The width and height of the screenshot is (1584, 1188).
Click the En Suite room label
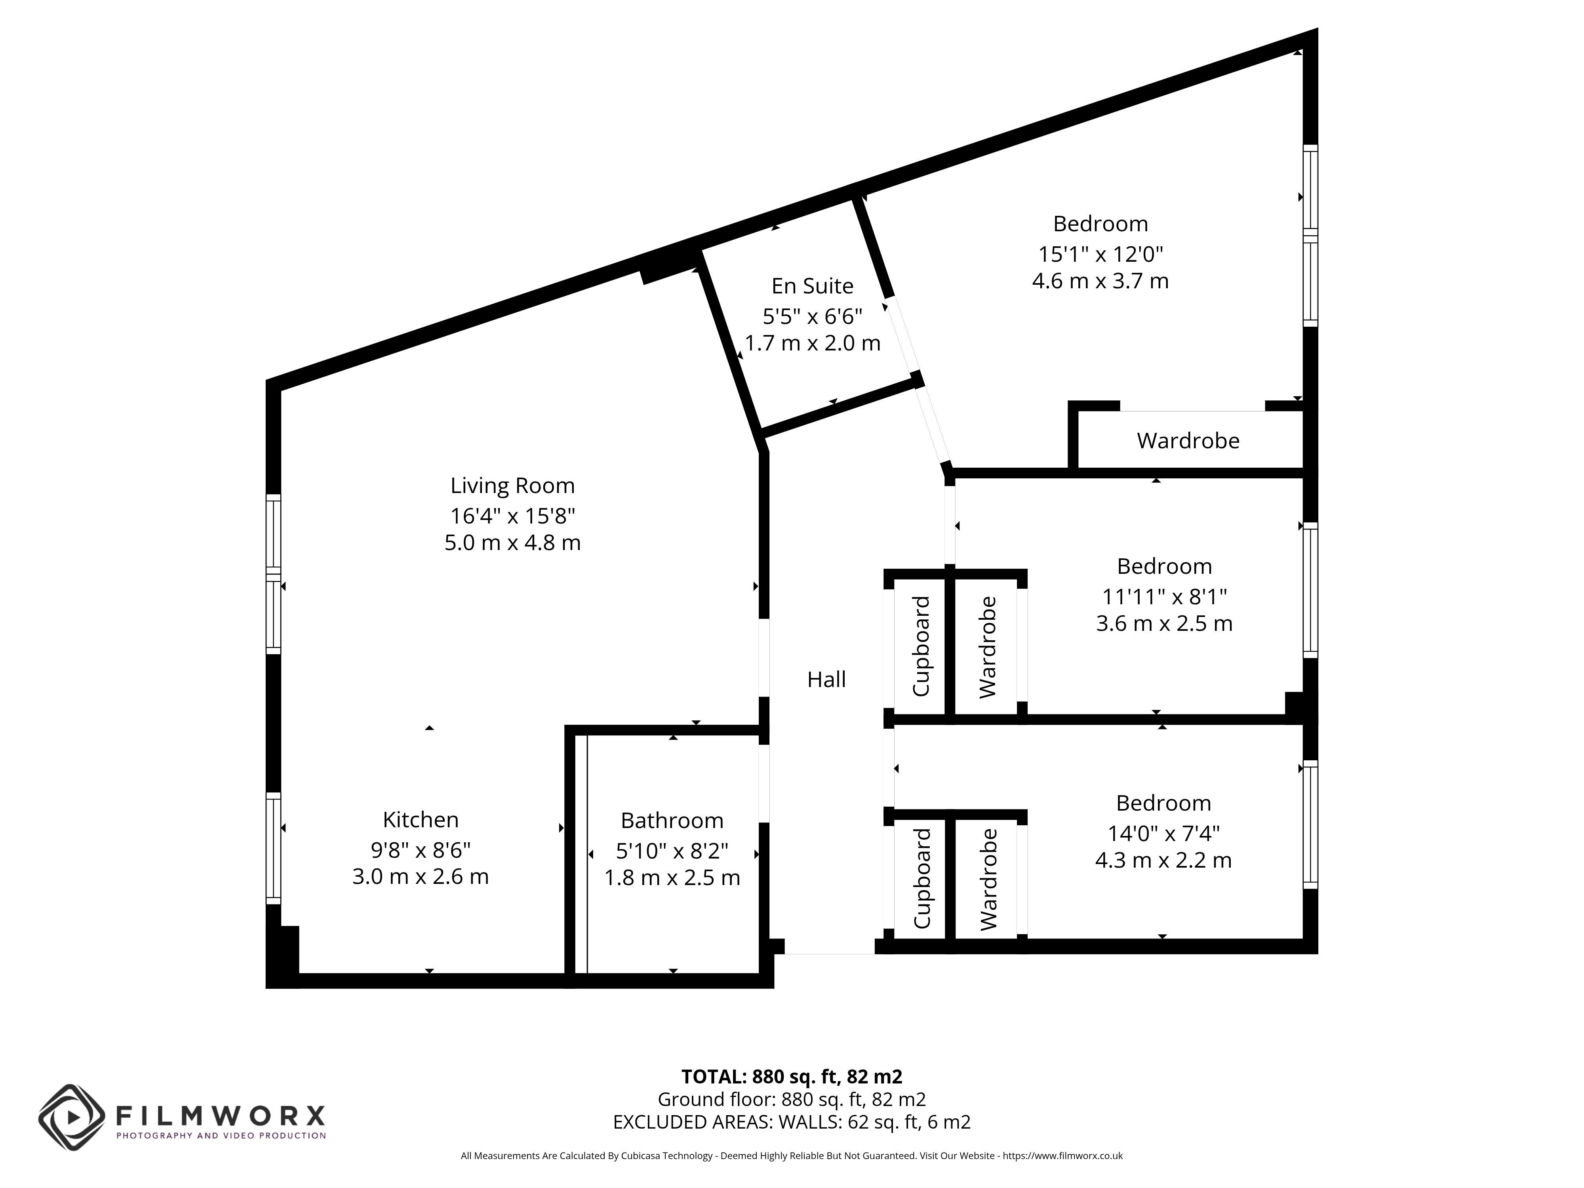(812, 286)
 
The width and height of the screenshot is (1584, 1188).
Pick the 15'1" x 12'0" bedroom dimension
(1100, 254)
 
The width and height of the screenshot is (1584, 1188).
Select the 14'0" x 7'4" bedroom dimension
(1164, 834)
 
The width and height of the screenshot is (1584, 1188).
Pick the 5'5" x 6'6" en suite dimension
(812, 316)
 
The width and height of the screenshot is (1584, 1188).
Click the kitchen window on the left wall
(273, 849)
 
